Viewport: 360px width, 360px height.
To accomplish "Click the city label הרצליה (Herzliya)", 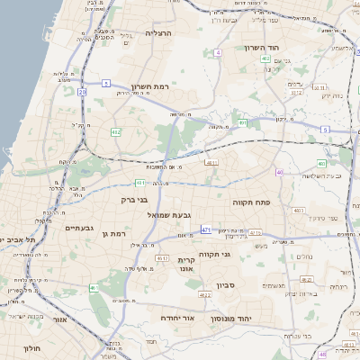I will point(158,32).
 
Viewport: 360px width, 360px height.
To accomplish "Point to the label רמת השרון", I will point(150,86).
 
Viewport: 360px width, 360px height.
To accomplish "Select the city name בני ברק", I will point(133,200).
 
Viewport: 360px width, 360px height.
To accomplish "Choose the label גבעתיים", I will point(79,228).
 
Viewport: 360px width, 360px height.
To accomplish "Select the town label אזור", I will point(61,319).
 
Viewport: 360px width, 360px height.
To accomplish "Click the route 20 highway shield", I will point(82,91).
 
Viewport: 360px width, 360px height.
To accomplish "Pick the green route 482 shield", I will point(116,131).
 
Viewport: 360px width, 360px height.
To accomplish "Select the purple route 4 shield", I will point(219,52).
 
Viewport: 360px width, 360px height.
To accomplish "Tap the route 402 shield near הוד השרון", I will point(265,58).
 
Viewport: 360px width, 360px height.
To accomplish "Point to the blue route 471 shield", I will point(206,229).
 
